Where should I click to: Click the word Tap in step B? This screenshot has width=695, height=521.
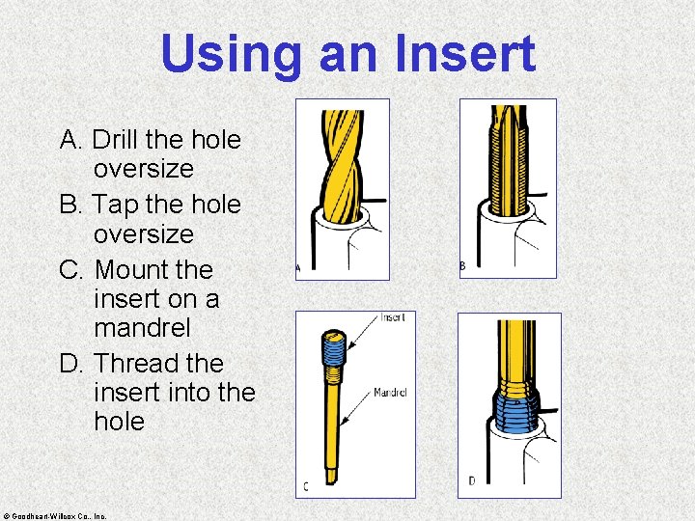pyautogui.click(x=115, y=206)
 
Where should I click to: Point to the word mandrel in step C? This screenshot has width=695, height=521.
pyautogui.click(x=142, y=328)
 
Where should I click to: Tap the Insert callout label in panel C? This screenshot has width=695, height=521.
pyautogui.click(x=393, y=317)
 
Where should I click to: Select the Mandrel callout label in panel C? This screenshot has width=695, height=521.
pyautogui.click(x=390, y=392)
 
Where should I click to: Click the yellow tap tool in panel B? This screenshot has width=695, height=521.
pyautogui.click(x=509, y=160)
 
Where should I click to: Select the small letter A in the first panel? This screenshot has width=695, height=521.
pyautogui.click(x=298, y=268)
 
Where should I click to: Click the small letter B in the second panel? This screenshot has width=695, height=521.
pyautogui.click(x=462, y=266)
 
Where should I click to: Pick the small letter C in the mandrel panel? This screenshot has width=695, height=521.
pyautogui.click(x=306, y=487)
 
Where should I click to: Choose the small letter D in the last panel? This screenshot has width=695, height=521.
pyautogui.click(x=472, y=481)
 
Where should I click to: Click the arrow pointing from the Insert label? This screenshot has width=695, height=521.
pyautogui.click(x=364, y=332)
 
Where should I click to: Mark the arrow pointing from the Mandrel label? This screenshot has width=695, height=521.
pyautogui.click(x=356, y=408)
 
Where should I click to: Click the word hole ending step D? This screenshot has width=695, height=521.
pyautogui.click(x=120, y=421)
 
